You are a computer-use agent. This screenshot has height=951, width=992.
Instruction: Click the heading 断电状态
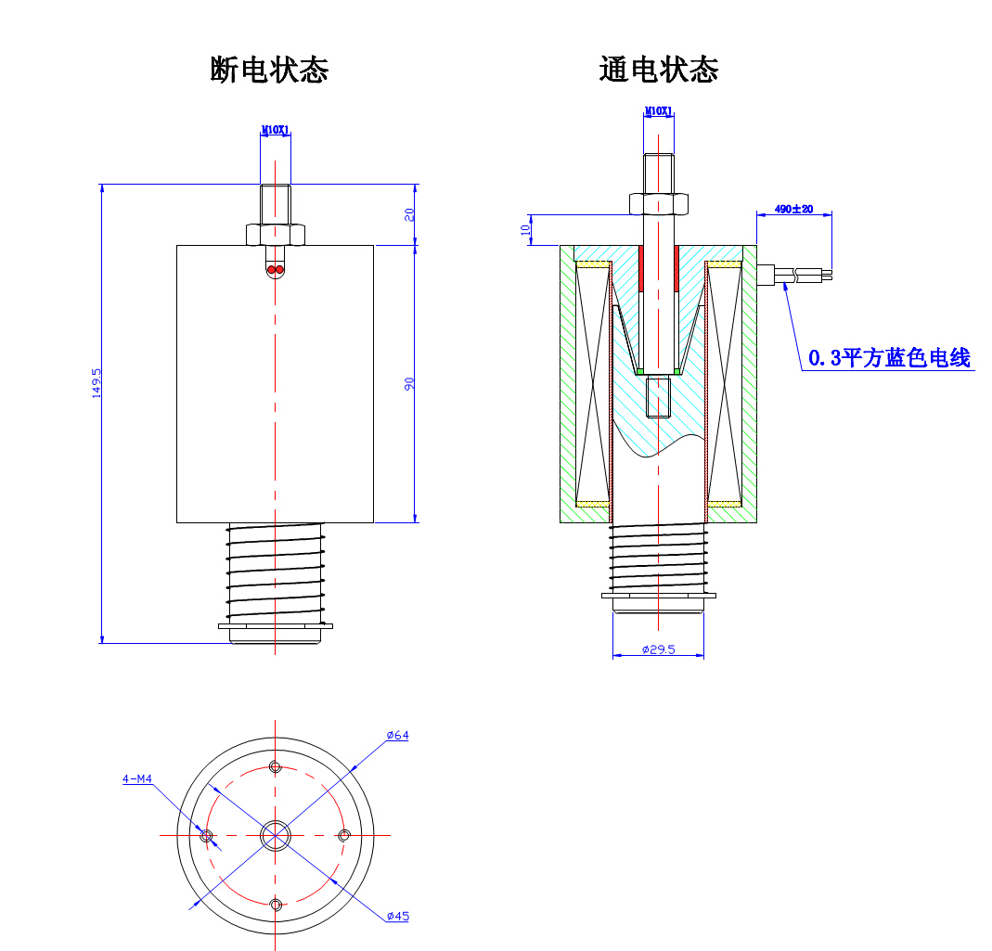coord(269,70)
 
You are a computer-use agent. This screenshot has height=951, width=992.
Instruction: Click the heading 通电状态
coord(659,70)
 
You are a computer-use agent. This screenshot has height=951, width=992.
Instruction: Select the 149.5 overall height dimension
coord(96,383)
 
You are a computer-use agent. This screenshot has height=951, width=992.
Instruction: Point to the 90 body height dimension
coord(408,383)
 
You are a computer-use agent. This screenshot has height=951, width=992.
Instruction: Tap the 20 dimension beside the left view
coord(408,214)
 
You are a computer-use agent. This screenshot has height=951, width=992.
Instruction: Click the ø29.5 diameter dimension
coord(659,650)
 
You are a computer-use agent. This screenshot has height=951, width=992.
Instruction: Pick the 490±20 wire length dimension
coord(794,210)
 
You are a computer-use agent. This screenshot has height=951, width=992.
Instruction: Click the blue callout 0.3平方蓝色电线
coord(889,358)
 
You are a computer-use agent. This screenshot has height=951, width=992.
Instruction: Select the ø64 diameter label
coord(397,736)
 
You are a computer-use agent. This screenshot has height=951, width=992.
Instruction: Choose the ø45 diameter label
coord(397,917)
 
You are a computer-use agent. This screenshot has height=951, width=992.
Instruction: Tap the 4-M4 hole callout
coord(137,779)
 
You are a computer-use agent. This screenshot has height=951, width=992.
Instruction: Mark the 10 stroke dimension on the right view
coord(524,229)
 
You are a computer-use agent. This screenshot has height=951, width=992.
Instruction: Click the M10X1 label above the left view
coord(276,131)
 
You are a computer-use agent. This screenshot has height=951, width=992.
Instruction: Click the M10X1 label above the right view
coord(658,112)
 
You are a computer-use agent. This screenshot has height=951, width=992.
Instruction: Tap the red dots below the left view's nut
coord(276,270)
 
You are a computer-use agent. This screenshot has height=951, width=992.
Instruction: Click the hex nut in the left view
coord(276,234)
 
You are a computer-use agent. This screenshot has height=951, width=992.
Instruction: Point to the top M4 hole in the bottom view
coord(275,766)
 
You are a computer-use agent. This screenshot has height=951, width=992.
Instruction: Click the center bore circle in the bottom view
coord(275,836)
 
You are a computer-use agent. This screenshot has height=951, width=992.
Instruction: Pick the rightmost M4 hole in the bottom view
coord(344,836)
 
